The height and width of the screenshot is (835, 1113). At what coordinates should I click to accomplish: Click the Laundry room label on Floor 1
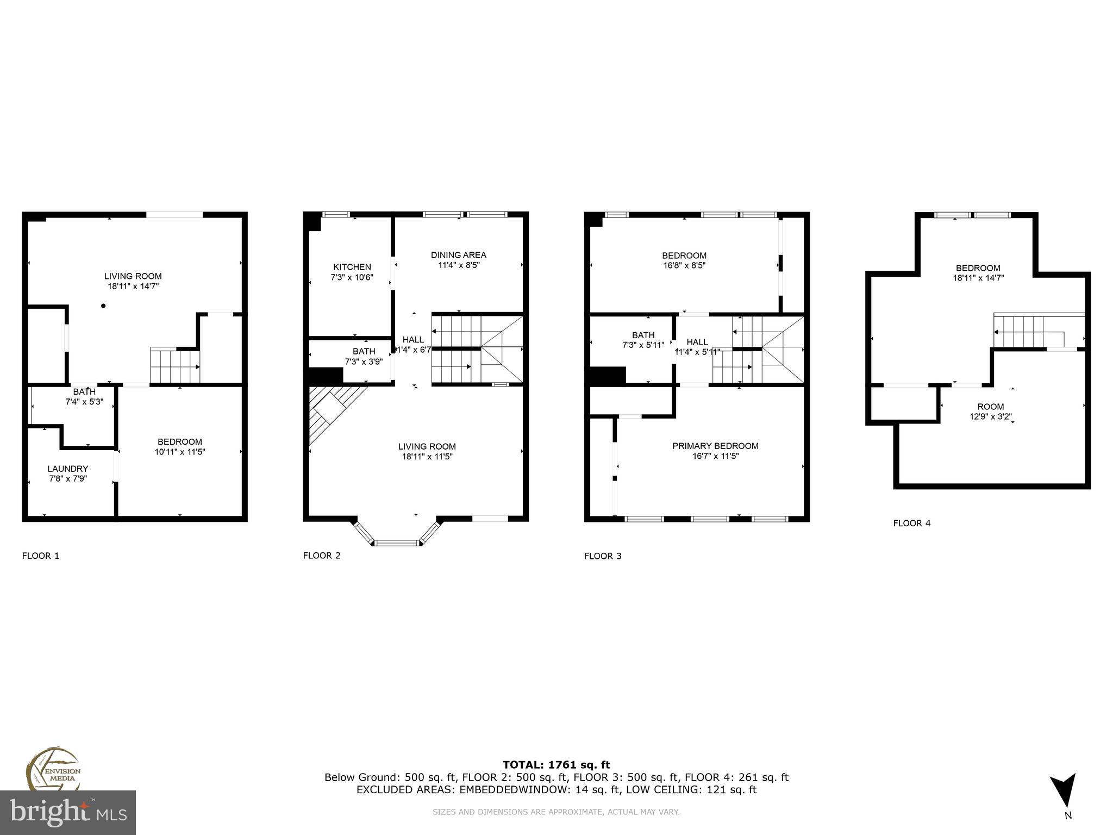point(67,469)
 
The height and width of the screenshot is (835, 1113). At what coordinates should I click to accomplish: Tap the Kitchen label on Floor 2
point(352,267)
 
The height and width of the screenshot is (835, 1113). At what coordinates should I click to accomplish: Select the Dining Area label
point(458,255)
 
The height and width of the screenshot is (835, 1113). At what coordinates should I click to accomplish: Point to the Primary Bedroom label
point(715,446)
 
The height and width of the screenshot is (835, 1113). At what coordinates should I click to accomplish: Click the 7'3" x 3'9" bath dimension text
point(364,362)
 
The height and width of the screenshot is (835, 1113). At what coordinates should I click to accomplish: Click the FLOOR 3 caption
point(602,556)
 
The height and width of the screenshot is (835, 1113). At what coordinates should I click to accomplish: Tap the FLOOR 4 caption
point(911,523)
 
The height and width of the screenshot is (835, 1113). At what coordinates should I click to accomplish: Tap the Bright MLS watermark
point(68,813)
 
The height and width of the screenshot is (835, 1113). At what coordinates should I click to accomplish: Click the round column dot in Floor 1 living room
point(103,306)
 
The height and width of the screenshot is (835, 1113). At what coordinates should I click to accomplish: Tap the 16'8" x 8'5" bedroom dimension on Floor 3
point(684,266)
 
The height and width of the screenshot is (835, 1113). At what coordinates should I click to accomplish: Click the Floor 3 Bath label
point(643,335)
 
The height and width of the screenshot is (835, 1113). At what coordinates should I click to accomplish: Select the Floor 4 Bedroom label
point(978,268)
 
